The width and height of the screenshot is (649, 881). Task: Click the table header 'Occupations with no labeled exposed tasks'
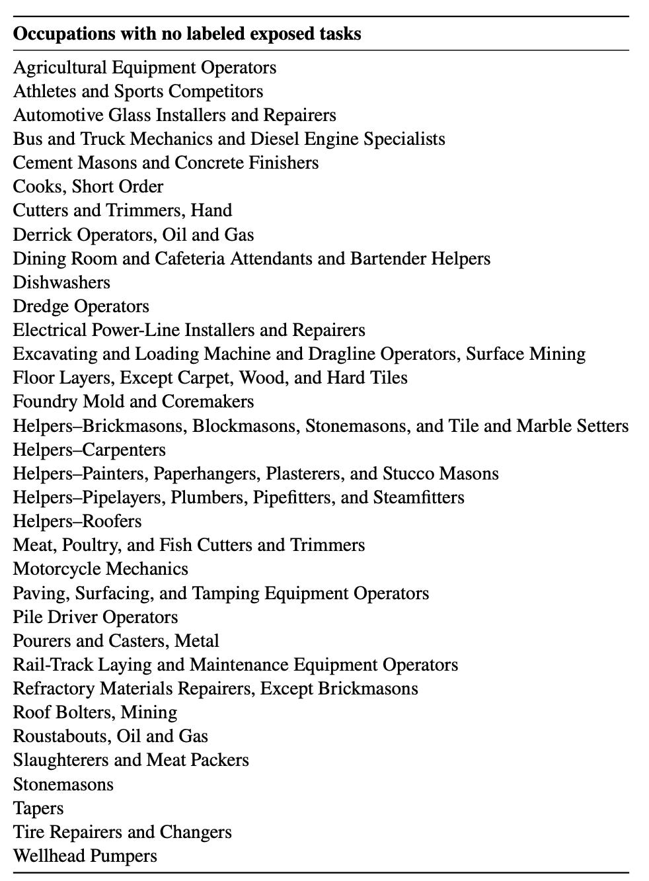(187, 34)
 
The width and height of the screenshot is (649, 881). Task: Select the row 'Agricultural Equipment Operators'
(145, 67)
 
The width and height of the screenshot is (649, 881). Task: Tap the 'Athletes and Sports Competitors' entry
(138, 91)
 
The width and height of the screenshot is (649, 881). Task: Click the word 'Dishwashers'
(61, 282)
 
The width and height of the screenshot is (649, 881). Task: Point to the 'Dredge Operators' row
(81, 306)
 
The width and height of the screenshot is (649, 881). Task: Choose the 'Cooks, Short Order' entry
(88, 187)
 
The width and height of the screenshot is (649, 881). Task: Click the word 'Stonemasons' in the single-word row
(63, 784)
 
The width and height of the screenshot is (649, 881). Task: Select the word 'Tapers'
(38, 808)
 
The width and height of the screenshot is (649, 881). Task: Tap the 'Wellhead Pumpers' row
(85, 856)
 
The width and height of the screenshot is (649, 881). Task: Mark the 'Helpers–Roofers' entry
(77, 521)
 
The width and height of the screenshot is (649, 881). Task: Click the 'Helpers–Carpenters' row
(89, 450)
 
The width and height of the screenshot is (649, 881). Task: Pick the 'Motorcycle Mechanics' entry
(100, 569)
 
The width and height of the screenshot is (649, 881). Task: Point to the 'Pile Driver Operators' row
(95, 617)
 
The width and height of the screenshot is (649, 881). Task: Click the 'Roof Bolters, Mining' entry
(95, 712)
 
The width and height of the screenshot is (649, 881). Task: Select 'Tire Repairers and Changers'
(122, 832)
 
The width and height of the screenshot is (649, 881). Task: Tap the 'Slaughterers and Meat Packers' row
(131, 760)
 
